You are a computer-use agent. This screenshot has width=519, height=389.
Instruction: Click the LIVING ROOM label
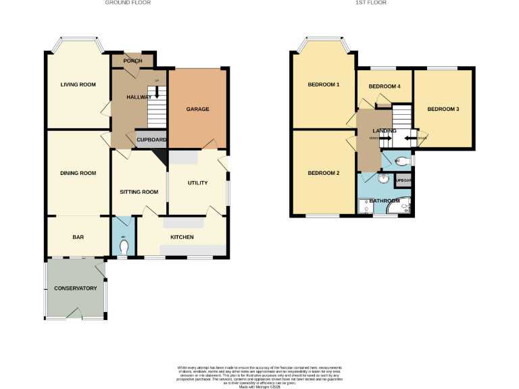[x=78, y=84]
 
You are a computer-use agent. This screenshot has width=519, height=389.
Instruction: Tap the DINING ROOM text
[x=78, y=173]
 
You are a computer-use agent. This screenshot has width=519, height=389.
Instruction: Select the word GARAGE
[x=198, y=109]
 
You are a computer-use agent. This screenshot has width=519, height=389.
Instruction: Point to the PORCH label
[x=132, y=61]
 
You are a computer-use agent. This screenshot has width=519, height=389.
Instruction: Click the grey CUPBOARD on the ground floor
[x=151, y=140]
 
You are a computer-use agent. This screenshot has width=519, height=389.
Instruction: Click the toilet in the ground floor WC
[x=123, y=247]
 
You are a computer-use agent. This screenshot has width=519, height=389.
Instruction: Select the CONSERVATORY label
[x=76, y=288]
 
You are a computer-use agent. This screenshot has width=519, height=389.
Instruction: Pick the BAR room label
[x=78, y=237]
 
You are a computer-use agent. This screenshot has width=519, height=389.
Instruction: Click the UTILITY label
[x=197, y=182]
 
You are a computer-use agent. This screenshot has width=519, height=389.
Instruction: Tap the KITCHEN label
[x=182, y=237]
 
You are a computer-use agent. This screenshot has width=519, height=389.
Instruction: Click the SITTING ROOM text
[x=139, y=192]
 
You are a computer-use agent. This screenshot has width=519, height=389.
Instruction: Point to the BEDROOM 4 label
[x=384, y=86]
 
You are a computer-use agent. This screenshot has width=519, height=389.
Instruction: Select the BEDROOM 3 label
[x=443, y=109]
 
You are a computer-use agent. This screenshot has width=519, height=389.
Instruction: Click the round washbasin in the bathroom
[x=383, y=179]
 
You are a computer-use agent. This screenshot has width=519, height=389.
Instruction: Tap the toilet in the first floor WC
[x=403, y=161]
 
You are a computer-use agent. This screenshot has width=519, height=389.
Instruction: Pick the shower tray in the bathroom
[x=366, y=207]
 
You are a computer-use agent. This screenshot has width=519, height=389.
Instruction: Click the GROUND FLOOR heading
[x=128, y=3]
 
